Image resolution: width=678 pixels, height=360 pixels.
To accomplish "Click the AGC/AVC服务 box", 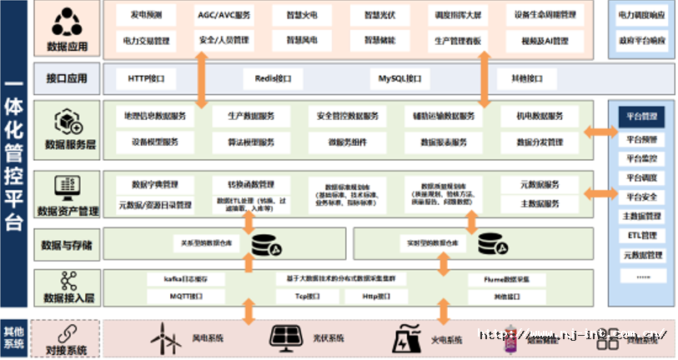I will [x=223, y=16].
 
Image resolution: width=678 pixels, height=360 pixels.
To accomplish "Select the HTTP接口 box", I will [x=152, y=78].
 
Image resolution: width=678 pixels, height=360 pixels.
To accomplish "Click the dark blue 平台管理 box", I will [x=642, y=116].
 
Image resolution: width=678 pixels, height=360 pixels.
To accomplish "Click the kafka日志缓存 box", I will [x=177, y=279].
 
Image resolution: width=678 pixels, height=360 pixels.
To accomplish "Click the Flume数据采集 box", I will [x=511, y=279].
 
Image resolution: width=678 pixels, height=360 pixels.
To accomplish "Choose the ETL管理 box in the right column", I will [x=642, y=236].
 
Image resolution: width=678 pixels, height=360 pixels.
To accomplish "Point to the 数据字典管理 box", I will [x=156, y=183].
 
